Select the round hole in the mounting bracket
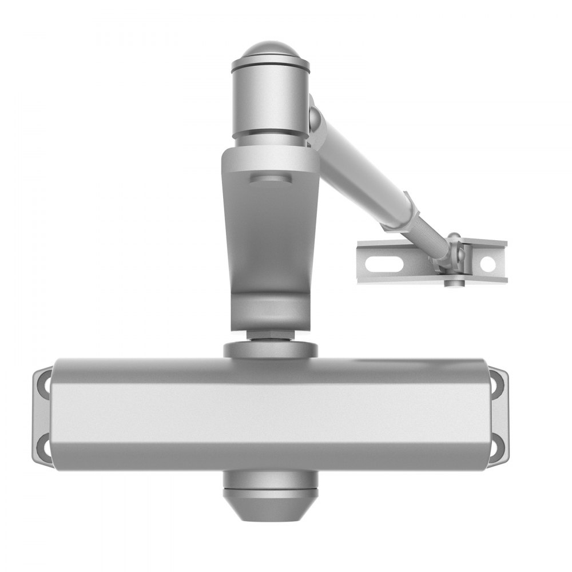[487, 264]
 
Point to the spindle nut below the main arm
[271, 335]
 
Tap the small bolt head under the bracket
[453, 281]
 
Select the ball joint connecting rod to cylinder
[313, 117]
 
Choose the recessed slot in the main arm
[271, 180]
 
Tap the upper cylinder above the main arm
[269, 100]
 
